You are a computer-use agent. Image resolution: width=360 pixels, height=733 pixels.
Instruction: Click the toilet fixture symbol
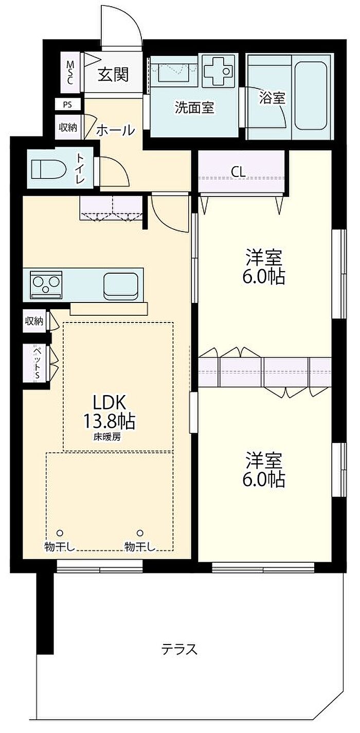[x=49, y=169]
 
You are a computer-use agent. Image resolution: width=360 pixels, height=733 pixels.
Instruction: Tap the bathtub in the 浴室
[x=311, y=96]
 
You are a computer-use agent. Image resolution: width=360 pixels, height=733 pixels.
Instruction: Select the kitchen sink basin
[x=121, y=285]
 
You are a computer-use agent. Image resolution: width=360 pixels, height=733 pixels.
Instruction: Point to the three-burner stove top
[x=46, y=284]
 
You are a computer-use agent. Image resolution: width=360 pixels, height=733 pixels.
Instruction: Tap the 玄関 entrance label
[x=113, y=75]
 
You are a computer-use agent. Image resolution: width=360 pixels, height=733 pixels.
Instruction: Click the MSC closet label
[x=70, y=73]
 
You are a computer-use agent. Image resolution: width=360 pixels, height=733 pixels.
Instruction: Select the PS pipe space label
[x=67, y=105]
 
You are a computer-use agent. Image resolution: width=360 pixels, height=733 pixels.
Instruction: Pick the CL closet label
[x=238, y=172]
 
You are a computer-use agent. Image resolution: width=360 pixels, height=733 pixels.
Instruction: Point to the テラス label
[x=179, y=649]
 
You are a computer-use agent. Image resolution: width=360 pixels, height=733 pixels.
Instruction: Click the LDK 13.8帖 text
[x=110, y=412]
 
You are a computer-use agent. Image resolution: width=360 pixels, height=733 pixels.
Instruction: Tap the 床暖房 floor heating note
[x=107, y=437]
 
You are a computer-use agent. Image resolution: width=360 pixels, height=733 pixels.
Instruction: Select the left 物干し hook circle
[x=60, y=533]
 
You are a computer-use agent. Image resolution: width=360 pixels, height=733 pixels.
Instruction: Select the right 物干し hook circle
[x=140, y=533]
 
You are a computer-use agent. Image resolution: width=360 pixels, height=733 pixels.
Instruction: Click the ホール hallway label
[x=116, y=131]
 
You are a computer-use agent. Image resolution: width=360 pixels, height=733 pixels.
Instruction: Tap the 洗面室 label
[x=194, y=108]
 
